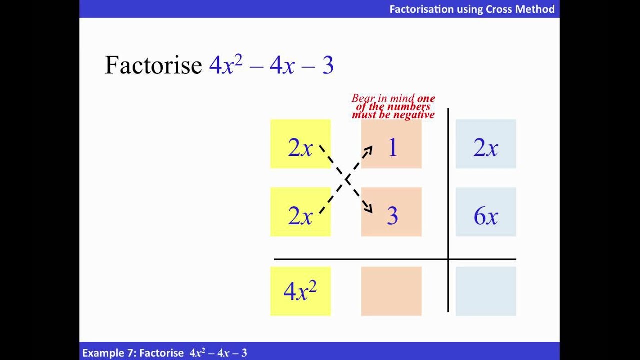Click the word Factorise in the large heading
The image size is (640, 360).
[x=153, y=65]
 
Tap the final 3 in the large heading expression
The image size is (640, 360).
[x=328, y=65]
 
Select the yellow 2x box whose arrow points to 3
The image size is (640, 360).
[x=300, y=144]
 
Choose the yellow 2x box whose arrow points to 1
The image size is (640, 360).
[x=300, y=212]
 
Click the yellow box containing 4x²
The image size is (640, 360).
[x=300, y=291]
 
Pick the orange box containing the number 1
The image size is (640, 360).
[x=391, y=144]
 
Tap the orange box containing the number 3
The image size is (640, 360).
[x=391, y=212]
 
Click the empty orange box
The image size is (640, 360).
[x=391, y=291]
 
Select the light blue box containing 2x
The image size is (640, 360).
[x=486, y=144]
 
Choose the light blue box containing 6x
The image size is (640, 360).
[x=486, y=212]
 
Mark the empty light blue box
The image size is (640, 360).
[x=486, y=291]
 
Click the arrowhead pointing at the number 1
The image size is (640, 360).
[x=369, y=149]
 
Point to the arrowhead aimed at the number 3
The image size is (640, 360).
[x=369, y=209]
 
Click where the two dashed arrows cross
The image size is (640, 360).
[x=346, y=179]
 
